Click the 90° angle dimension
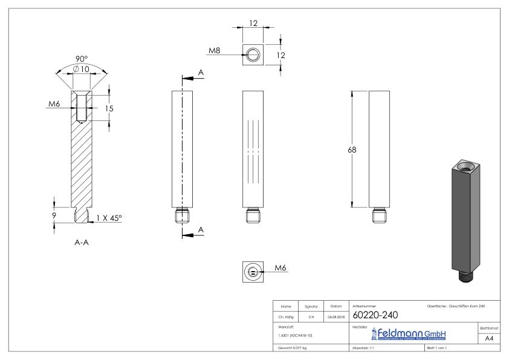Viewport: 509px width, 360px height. [82, 59]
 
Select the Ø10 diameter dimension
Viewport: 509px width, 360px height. [81, 70]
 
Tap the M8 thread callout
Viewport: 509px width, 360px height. [214, 51]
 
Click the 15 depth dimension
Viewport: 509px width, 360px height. [109, 109]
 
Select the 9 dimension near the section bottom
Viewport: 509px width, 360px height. [54, 214]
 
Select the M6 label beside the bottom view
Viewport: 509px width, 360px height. [280, 267]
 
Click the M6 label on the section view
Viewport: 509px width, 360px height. [54, 104]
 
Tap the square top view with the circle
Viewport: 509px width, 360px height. [252, 55]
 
